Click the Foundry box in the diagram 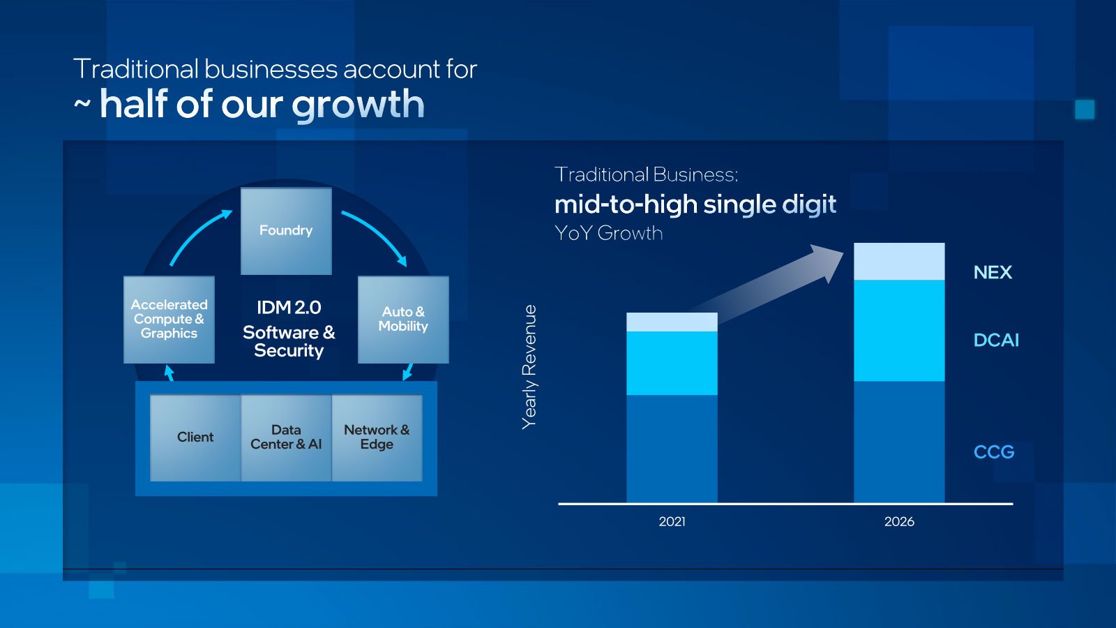tap(286, 231)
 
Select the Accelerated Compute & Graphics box tap(169, 320)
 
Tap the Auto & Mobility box tap(403, 320)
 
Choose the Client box tap(195, 438)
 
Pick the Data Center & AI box tap(287, 438)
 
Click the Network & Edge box tap(377, 438)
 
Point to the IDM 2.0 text tap(289, 308)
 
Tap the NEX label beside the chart tap(993, 272)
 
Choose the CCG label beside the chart tap(994, 452)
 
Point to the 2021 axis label tap(672, 522)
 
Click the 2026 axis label tap(899, 522)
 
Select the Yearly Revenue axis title tap(529, 367)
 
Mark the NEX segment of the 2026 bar tap(899, 262)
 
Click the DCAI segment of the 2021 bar tap(672, 364)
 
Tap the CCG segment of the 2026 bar tap(899, 442)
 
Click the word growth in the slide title tap(358, 105)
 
